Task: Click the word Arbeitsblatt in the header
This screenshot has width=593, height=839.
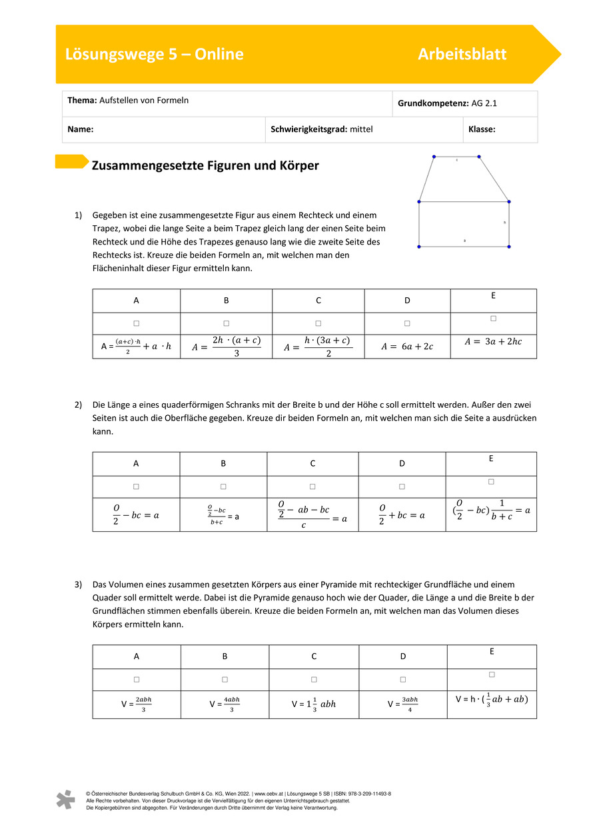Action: click(462, 55)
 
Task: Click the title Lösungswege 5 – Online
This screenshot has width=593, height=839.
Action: click(154, 55)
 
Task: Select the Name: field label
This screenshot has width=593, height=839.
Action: click(80, 130)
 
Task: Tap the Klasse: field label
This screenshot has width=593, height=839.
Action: click(482, 130)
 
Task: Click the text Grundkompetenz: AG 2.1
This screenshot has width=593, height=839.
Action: click(447, 103)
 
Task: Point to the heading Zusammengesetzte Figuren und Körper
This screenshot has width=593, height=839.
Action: click(205, 166)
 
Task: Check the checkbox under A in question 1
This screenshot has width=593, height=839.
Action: click(136, 323)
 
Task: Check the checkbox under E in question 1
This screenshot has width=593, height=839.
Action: click(493, 319)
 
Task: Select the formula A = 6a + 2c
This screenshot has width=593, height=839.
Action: click(407, 347)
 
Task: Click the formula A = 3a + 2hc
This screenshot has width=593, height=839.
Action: click(494, 342)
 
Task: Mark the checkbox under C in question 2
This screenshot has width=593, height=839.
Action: click(312, 486)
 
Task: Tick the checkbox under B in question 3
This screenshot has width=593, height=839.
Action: click(225, 680)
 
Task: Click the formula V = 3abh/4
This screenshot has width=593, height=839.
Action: click(403, 704)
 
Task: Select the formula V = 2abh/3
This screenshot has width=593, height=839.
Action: click(137, 704)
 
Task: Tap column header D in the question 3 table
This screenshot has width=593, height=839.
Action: click(403, 656)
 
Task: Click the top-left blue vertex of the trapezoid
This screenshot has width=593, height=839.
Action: click(434, 157)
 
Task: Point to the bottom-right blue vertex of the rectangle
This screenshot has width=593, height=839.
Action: click(508, 247)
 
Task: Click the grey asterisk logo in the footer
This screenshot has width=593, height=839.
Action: click(65, 800)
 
